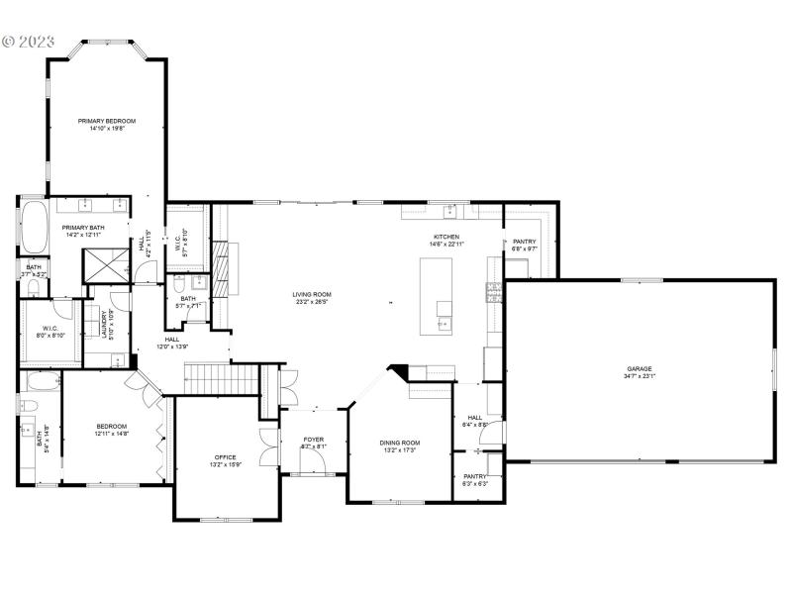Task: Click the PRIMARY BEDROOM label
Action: pyautogui.click(x=107, y=121)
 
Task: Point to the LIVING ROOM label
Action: pyautogui.click(x=311, y=294)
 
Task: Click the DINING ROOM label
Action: pyautogui.click(x=400, y=443)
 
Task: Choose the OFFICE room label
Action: pyautogui.click(x=226, y=457)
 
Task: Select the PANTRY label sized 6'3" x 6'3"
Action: pyautogui.click(x=475, y=477)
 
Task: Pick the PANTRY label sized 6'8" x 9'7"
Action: pyautogui.click(x=524, y=243)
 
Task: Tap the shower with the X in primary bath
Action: pyautogui.click(x=105, y=262)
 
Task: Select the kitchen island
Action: pyautogui.click(x=437, y=296)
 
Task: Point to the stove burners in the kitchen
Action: pyautogui.click(x=492, y=291)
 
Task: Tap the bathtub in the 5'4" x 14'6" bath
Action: pyautogui.click(x=40, y=382)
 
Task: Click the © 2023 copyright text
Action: pyautogui.click(x=31, y=43)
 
